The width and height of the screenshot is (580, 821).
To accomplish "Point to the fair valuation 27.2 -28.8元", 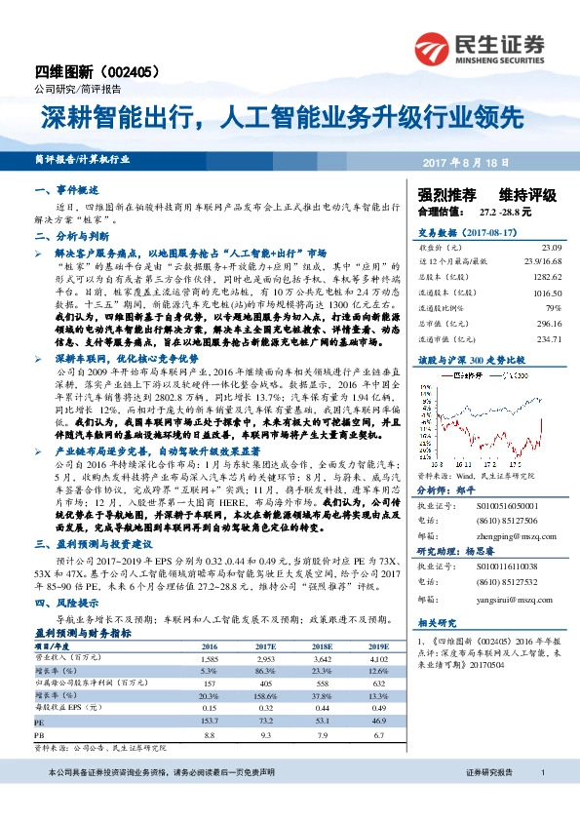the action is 504,211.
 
